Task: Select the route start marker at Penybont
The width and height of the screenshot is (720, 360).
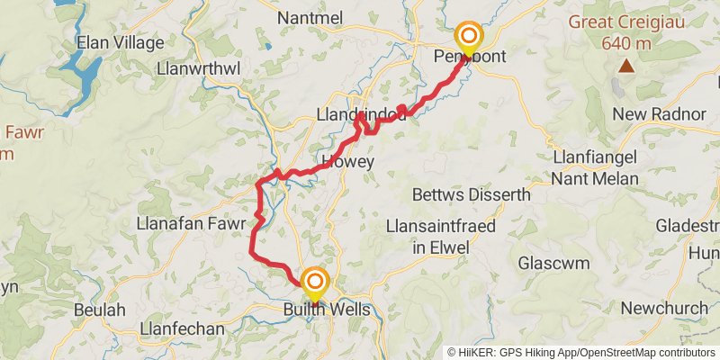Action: pyautogui.click(x=469, y=38)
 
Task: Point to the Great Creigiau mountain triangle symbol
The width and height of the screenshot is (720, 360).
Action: pyautogui.click(x=625, y=66)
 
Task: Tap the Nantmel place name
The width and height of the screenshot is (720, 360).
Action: pyautogui.click(x=310, y=18)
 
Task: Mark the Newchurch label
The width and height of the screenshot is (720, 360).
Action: pyautogui.click(x=664, y=308)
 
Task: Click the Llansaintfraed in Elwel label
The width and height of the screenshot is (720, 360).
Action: pyautogui.click(x=440, y=236)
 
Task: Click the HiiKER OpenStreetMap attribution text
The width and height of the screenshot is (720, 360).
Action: pyautogui.click(x=581, y=353)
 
